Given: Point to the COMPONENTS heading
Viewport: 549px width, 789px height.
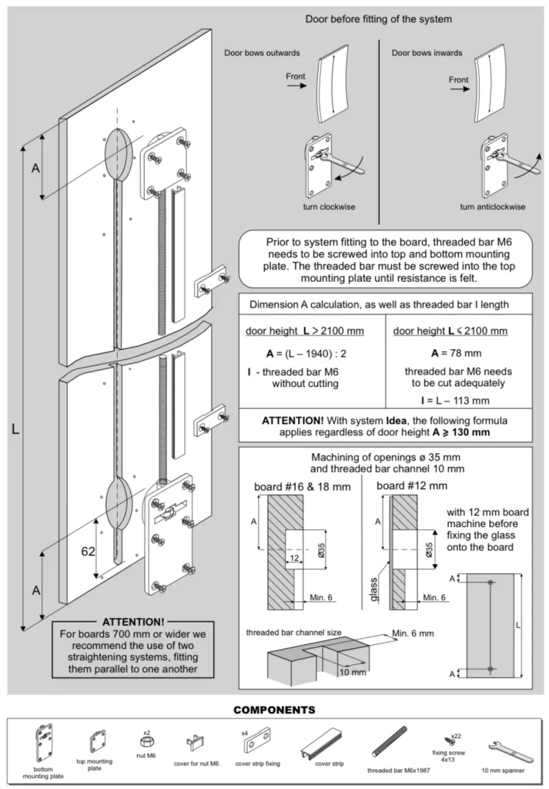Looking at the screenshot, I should pyautogui.click(x=274, y=709).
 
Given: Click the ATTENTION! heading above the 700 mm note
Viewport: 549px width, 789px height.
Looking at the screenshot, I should pyautogui.click(x=132, y=621).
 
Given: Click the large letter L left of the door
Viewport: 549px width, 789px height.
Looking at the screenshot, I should pyautogui.click(x=15, y=430).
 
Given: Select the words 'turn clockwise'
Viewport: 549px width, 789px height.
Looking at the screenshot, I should pyautogui.click(x=329, y=206).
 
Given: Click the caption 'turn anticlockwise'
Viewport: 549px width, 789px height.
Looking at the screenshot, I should pyautogui.click(x=493, y=206).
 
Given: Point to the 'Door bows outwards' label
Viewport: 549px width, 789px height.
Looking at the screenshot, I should pyautogui.click(x=262, y=53).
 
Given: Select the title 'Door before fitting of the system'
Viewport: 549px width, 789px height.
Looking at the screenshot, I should pyautogui.click(x=378, y=18).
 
